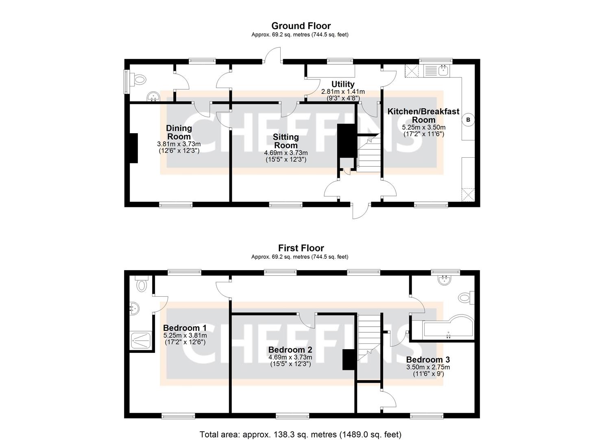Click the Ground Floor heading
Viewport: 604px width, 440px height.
coord(301,26)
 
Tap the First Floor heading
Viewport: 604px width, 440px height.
coord(301,248)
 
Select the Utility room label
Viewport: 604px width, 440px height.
coord(342,84)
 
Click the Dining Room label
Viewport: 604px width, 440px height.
coord(179,132)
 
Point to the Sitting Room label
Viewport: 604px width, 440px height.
coord(286,141)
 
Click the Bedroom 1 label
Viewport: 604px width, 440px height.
coord(185,328)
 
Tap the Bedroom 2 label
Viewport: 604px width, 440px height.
coord(290,350)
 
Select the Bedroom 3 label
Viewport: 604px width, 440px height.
coord(428,360)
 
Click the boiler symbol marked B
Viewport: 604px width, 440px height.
coord(468,120)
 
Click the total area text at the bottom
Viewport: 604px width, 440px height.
coord(301,434)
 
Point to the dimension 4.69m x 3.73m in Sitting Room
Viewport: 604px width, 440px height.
coord(286,153)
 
